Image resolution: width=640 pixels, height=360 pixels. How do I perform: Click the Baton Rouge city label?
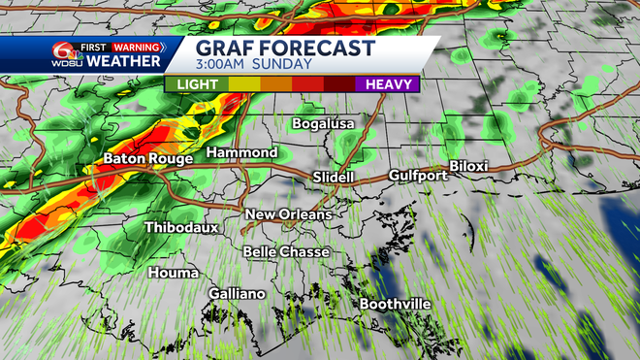click(x=148, y=158)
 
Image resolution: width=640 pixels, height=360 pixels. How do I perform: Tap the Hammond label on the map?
click(x=243, y=153)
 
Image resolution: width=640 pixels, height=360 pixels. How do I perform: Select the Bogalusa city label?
click(x=324, y=123)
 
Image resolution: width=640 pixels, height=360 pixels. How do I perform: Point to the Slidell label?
click(x=334, y=178)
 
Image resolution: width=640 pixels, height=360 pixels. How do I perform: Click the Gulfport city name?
click(x=418, y=176)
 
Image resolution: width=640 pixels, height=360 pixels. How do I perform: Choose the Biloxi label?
click(x=468, y=166)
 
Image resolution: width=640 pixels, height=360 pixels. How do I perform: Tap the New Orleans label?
click(x=288, y=214)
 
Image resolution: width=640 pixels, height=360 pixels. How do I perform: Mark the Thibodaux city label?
click(x=181, y=227)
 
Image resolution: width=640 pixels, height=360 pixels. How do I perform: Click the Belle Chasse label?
click(x=286, y=251)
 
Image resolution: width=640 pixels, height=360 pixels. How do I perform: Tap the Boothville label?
click(x=396, y=304)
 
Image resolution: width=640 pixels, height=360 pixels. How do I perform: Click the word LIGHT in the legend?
click(x=196, y=83)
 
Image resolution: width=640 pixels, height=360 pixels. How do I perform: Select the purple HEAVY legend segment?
click(x=387, y=83)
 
